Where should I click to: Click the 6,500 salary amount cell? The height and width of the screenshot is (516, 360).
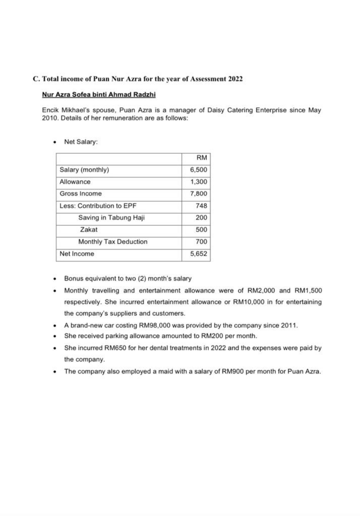point(199,170)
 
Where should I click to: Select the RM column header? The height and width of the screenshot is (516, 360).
point(202,158)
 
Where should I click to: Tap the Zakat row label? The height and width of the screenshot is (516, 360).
point(88,230)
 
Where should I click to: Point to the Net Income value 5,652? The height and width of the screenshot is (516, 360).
point(199,254)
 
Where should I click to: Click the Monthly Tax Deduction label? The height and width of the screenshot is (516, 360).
point(113,242)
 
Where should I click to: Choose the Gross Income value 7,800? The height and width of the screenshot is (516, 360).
point(199,194)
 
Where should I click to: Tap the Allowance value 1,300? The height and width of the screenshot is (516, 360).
point(199,182)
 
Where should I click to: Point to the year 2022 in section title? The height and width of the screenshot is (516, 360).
point(235,79)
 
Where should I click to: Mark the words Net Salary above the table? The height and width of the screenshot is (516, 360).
point(80,142)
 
